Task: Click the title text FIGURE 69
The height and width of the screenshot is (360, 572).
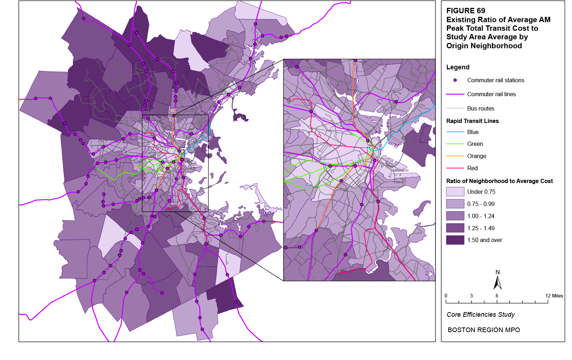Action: (x=465, y=11)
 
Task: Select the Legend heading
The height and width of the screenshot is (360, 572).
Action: (x=458, y=67)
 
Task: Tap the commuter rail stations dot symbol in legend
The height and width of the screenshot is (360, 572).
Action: (x=455, y=80)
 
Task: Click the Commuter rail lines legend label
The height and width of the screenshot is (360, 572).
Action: (x=491, y=94)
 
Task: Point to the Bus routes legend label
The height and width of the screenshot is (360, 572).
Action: (x=480, y=108)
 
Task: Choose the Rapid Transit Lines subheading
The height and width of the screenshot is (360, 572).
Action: (x=472, y=121)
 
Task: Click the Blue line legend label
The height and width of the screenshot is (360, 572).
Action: (x=473, y=132)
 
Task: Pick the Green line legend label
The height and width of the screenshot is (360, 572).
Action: (x=475, y=144)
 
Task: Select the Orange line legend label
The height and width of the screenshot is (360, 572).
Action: (x=477, y=156)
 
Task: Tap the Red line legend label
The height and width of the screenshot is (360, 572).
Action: (x=472, y=168)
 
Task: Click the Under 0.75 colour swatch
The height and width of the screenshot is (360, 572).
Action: (x=455, y=192)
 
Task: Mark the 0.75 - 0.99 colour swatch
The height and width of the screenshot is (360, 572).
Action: (x=455, y=204)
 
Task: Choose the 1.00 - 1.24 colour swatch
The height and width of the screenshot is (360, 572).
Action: (x=455, y=216)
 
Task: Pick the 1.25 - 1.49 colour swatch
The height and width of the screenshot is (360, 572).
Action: (x=455, y=228)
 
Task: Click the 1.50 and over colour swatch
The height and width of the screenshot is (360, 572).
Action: (x=455, y=240)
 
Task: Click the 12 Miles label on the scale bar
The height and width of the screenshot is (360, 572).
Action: (x=554, y=296)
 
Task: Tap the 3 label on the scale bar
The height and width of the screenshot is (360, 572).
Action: (x=471, y=296)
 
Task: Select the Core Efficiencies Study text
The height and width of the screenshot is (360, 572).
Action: (x=480, y=315)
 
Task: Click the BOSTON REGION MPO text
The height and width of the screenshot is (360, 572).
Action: (x=484, y=330)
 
